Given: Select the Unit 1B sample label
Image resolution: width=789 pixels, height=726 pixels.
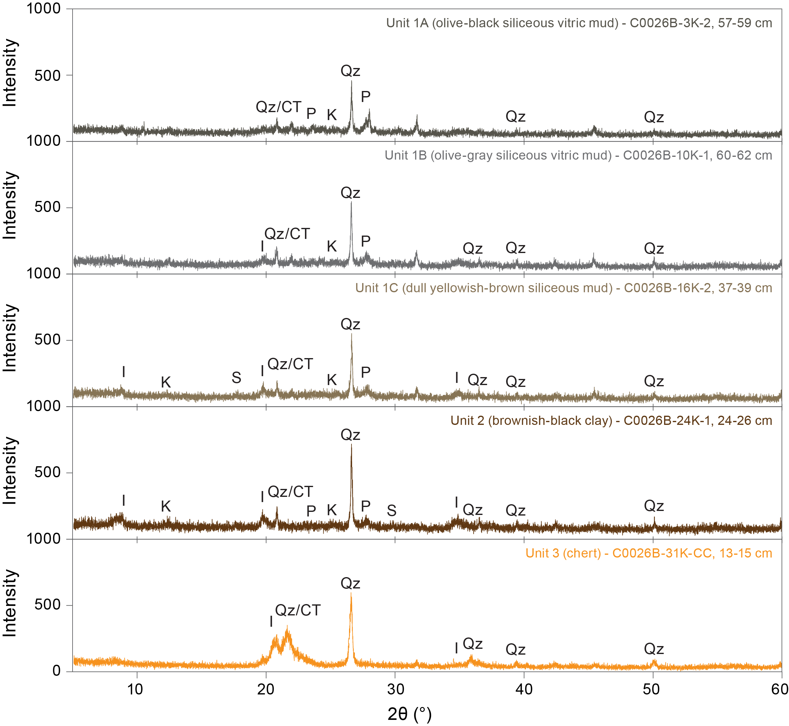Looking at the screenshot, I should (x=578, y=156).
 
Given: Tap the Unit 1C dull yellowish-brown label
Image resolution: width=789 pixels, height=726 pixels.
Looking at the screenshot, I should (x=564, y=288).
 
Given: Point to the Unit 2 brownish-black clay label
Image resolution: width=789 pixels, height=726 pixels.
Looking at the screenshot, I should (x=611, y=421).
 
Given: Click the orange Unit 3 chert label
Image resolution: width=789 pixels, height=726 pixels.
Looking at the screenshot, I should (x=649, y=553).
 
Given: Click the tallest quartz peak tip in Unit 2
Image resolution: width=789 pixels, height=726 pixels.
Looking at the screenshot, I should (x=351, y=445).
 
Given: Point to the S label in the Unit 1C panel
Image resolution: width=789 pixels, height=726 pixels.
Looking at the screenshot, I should (x=236, y=377).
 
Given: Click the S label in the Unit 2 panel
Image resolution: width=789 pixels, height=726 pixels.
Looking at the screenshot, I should (x=392, y=511).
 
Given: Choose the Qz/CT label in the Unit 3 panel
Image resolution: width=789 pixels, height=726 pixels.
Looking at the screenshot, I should (x=298, y=611).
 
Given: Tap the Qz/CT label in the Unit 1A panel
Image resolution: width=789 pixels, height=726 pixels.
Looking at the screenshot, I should (x=278, y=107).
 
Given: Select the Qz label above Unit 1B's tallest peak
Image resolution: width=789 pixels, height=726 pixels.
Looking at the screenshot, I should (x=350, y=193).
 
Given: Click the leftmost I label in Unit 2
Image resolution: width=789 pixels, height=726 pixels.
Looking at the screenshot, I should (x=124, y=501).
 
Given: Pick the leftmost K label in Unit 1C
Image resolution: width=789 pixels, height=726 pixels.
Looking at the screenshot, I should (x=166, y=382).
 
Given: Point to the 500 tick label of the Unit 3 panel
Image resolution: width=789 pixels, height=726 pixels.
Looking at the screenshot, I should (x=47, y=605).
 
